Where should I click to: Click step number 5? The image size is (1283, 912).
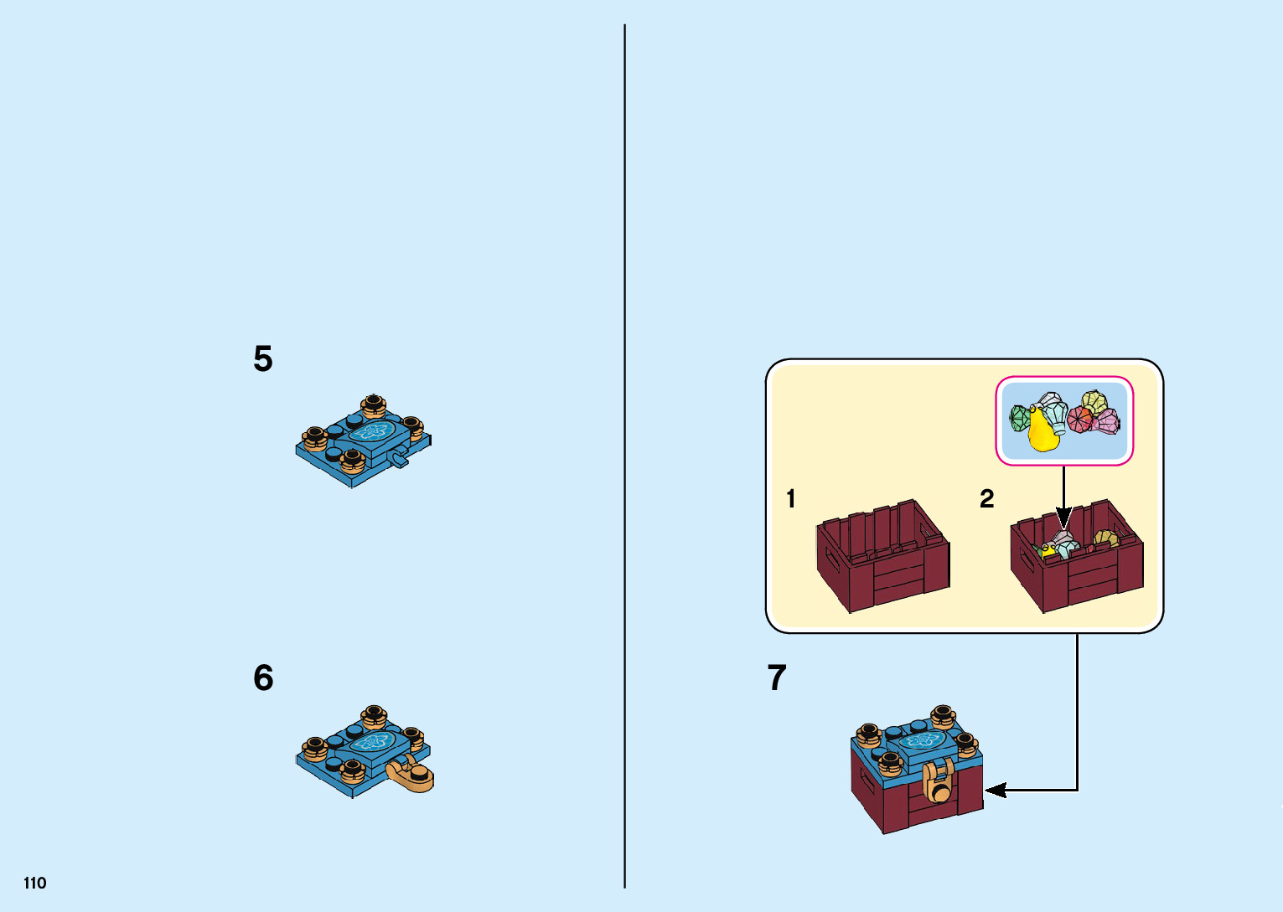(263, 359)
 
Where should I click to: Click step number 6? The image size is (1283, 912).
(263, 678)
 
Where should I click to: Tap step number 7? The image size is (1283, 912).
(777, 678)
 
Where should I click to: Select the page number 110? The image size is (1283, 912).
(35, 883)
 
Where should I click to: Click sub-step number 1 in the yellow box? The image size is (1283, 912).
(790, 499)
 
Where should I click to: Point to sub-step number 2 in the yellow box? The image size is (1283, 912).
(986, 499)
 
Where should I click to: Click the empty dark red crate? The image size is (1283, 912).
(882, 556)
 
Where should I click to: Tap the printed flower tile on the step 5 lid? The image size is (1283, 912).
(371, 432)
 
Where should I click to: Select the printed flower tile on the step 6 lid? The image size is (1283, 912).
(371, 743)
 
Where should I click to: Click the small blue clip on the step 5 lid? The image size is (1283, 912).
(399, 457)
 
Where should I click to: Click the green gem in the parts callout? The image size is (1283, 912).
(1020, 418)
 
